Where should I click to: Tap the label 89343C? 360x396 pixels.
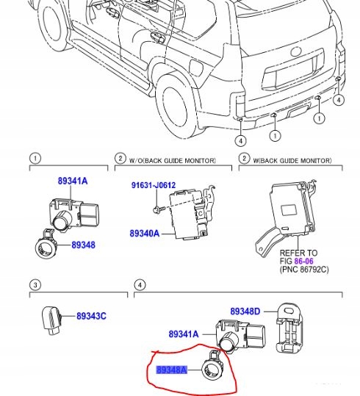(x=91, y=317)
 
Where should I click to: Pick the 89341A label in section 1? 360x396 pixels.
(x=73, y=180)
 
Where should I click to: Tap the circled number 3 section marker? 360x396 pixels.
(x=35, y=284)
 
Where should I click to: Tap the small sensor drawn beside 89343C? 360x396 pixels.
(x=51, y=318)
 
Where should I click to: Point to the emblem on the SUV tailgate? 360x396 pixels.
(x=297, y=53)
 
